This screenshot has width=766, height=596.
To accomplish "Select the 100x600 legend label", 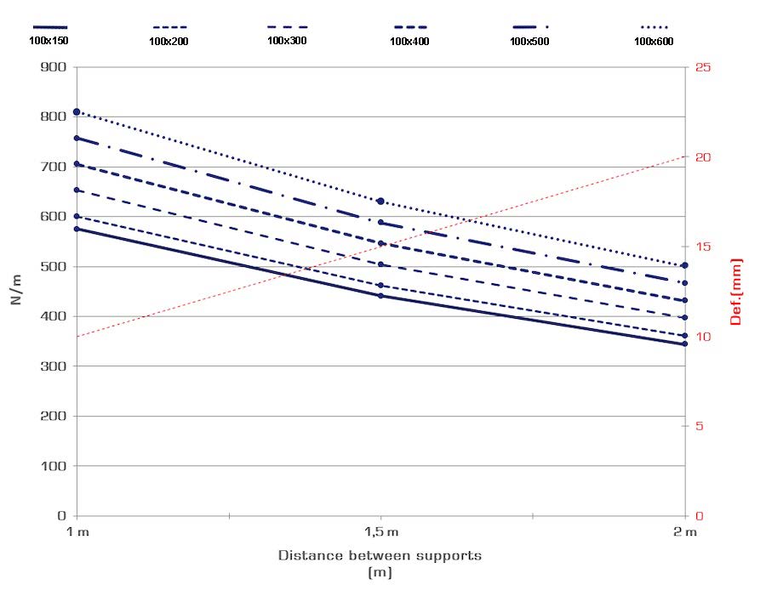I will (x=652, y=40).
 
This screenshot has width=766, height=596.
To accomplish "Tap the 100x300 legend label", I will (x=286, y=40).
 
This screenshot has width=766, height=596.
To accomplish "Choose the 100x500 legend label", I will (x=529, y=40).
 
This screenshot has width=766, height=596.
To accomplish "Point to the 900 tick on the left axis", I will (x=54, y=67).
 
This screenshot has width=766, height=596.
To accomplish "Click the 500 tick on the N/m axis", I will (x=54, y=266).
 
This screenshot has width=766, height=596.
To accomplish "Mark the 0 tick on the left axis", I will (x=62, y=515).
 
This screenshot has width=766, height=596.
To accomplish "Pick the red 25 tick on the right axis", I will (x=703, y=67).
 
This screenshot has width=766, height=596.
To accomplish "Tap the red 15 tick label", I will (x=703, y=247).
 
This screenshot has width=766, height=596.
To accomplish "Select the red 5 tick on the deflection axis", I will (x=700, y=426).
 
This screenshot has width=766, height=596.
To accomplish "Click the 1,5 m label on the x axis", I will (x=381, y=531).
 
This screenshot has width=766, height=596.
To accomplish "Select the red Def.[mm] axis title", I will (x=737, y=292).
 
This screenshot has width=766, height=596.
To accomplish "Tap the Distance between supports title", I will (x=380, y=556).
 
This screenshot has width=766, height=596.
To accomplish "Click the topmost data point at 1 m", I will (x=77, y=112).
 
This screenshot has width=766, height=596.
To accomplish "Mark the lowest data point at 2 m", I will (x=684, y=343).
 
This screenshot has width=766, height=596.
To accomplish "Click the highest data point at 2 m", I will (x=684, y=265).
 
